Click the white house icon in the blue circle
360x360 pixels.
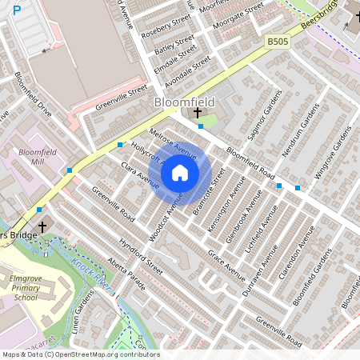tap(179, 172)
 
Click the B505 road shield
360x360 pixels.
tap(277, 40)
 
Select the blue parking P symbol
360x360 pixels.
tap(17, 10)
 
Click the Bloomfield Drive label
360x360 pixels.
tap(32, 95)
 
